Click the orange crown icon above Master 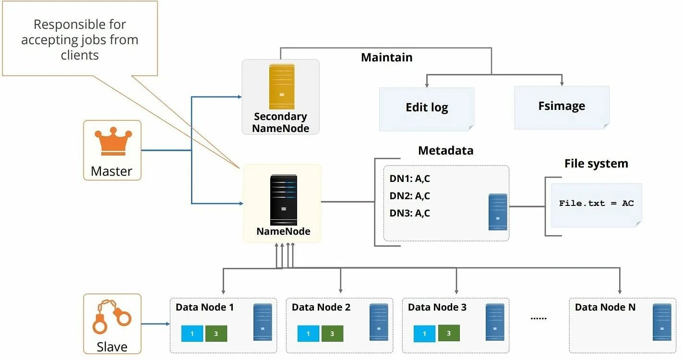coord(112,142)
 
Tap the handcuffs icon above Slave coord(112,316)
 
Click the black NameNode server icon coord(283,200)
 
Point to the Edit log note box coord(427,108)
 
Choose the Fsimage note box coord(562,107)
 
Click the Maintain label coord(386,58)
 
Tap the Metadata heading coord(445,151)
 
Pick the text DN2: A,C coord(409,196)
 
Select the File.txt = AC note coord(596,204)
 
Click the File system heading coord(596,164)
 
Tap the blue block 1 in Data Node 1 coord(192,334)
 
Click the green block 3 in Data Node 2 coord(332,334)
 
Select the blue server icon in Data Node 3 coord(495,322)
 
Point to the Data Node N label coord(605,307)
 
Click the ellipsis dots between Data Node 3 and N coord(538,318)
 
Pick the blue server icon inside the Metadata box coord(498,212)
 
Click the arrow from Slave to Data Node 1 coord(156,324)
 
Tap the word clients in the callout coord(80,55)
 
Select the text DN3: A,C coord(409,213)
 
